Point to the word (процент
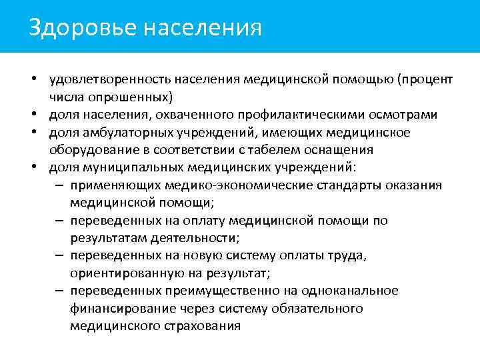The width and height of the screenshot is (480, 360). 425,80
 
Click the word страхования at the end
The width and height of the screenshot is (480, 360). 201,325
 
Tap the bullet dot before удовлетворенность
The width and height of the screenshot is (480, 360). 32,80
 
